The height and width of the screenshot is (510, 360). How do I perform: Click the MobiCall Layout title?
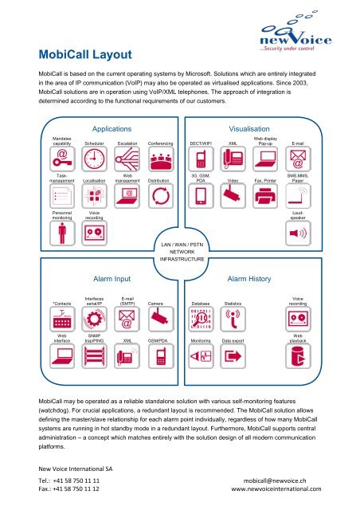point(85,54)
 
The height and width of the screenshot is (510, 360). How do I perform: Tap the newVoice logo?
point(295,32)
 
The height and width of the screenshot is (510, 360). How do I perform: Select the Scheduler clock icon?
point(94,159)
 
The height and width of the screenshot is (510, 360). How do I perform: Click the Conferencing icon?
point(161,159)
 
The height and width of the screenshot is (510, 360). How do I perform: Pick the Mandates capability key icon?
point(62,159)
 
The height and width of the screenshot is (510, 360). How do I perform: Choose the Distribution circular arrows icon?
point(161,196)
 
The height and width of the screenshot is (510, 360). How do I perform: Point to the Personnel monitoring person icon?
point(62,233)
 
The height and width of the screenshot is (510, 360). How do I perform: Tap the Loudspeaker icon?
point(298,233)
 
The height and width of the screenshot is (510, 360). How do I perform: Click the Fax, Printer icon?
point(265,196)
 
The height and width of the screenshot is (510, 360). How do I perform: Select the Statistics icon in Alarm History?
point(233,319)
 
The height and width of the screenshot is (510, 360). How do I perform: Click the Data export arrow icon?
point(233,356)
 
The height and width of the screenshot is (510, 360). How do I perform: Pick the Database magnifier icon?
point(201,319)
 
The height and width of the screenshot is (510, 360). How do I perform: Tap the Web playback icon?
point(298,356)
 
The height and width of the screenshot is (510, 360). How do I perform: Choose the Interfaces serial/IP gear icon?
point(94,319)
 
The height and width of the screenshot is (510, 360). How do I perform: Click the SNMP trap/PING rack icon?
point(94,356)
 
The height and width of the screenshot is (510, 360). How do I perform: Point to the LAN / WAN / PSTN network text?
point(182,252)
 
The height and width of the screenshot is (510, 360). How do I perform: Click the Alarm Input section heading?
point(112,279)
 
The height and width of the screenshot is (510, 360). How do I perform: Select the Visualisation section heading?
point(249,129)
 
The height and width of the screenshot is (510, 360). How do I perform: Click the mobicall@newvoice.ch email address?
point(275,481)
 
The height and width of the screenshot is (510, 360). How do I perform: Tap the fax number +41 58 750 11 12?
point(76,488)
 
